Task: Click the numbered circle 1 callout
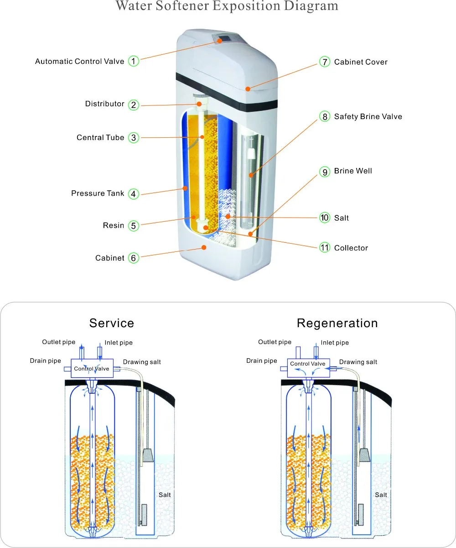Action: pyautogui.click(x=133, y=61)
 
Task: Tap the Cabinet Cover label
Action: pyautogui.click(x=361, y=62)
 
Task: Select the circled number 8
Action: pyautogui.click(x=325, y=117)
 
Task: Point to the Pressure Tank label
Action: pyautogui.click(x=98, y=193)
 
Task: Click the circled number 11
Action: pyautogui.click(x=325, y=248)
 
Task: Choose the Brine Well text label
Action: pyautogui.click(x=353, y=171)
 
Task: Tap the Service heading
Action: pyautogui.click(x=112, y=323)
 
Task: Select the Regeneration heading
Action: pyautogui.click(x=337, y=323)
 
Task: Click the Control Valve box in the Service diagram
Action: pyautogui.click(x=92, y=368)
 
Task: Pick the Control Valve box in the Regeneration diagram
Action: pyautogui.click(x=308, y=364)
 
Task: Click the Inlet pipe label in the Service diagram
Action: pyautogui.click(x=119, y=343)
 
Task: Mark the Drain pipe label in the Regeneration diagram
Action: pyautogui.click(x=262, y=360)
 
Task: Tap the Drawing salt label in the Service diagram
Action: pyautogui.click(x=142, y=362)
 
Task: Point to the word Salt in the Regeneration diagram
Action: pyautogui.click(x=381, y=495)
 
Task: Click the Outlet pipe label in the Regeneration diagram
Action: pyautogui.click(x=275, y=342)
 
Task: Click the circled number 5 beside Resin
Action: pyautogui.click(x=133, y=225)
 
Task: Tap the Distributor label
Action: pyautogui.click(x=104, y=104)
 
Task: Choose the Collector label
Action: pyautogui.click(x=351, y=248)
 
